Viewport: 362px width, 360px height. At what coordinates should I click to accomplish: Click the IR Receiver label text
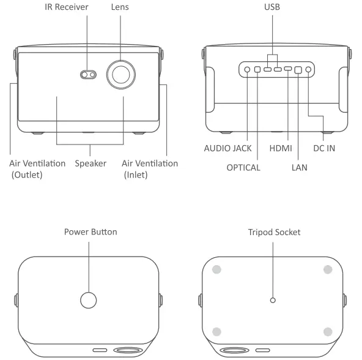[67, 7]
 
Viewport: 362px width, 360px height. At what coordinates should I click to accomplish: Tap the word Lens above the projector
[120, 7]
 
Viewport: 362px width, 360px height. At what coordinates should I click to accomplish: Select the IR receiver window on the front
[88, 75]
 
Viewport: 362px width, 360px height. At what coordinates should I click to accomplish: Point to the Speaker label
[90, 163]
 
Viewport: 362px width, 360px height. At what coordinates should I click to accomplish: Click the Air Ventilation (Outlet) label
[37, 169]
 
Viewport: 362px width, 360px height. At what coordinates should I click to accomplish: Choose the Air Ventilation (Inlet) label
[150, 169]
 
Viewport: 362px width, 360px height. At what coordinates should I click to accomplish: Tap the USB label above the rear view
[272, 7]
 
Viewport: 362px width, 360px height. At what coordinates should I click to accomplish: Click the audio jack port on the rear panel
[247, 69]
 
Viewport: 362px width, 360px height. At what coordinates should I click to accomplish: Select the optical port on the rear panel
[257, 69]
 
